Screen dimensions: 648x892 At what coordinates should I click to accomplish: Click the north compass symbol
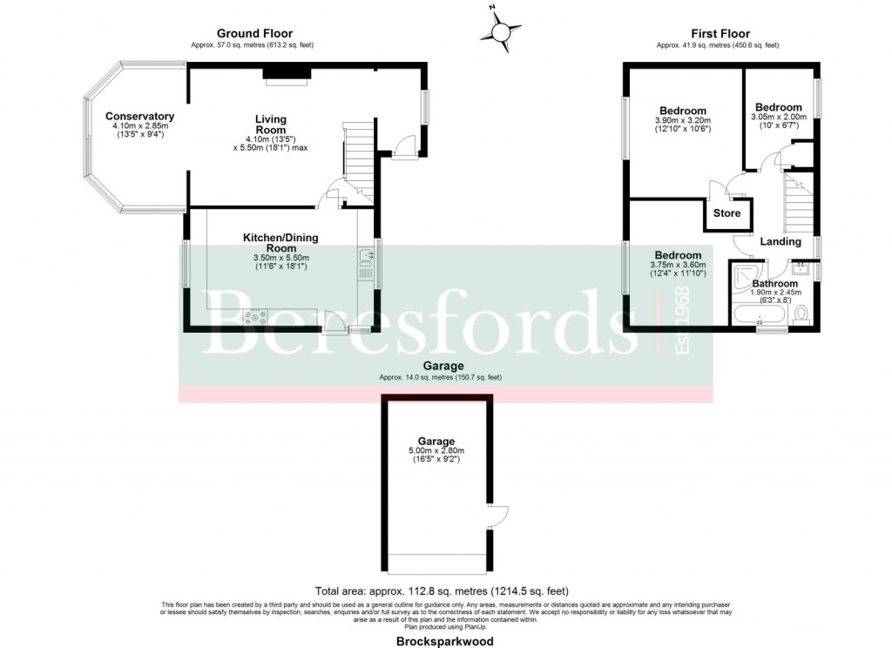coord(500,32)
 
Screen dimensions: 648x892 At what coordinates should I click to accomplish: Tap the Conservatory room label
coord(139,117)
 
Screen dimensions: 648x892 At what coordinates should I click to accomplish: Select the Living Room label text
coord(270,125)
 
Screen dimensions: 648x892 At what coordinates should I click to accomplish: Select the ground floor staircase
coord(357,153)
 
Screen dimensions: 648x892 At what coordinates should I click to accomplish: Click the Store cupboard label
coord(726,213)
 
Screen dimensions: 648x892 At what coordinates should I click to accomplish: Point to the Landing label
coord(780,241)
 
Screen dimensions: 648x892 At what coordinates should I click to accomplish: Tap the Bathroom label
coord(774,284)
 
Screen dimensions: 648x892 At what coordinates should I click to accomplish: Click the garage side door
coord(497,515)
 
